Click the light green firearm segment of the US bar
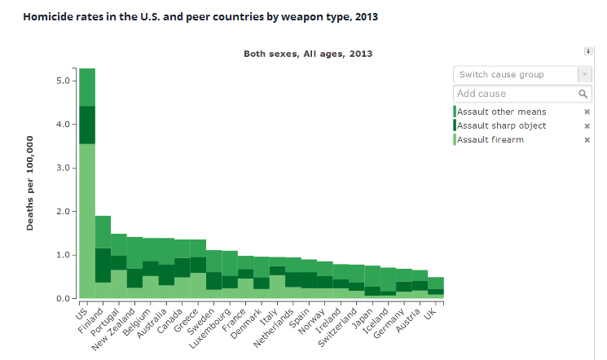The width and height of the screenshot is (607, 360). [87, 220]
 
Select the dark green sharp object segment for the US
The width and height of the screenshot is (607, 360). [87, 125]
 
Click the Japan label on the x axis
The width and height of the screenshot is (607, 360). [363, 316]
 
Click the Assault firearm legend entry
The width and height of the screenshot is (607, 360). [490, 139]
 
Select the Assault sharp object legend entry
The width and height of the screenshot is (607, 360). [501, 125]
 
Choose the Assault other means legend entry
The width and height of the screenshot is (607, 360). [501, 112]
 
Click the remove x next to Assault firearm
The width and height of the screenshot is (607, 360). [587, 140]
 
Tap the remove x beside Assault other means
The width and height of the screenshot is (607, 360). [587, 112]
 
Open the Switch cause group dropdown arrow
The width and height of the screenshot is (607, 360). [583, 75]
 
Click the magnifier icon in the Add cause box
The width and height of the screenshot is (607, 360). [583, 94]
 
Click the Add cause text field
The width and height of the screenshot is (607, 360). [513, 94]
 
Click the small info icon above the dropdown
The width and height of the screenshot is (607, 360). [588, 51]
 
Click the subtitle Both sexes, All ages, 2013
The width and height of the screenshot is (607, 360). [308, 54]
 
